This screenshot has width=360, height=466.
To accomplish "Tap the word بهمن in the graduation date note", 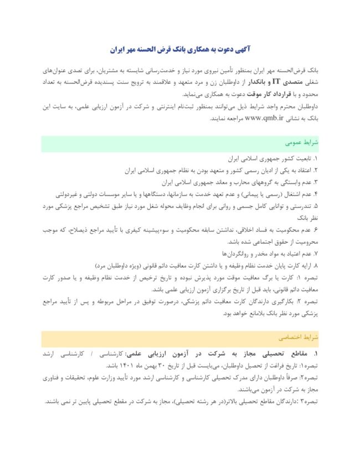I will tap(154, 366).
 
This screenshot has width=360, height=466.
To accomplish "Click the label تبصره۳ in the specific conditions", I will tap(307, 400).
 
